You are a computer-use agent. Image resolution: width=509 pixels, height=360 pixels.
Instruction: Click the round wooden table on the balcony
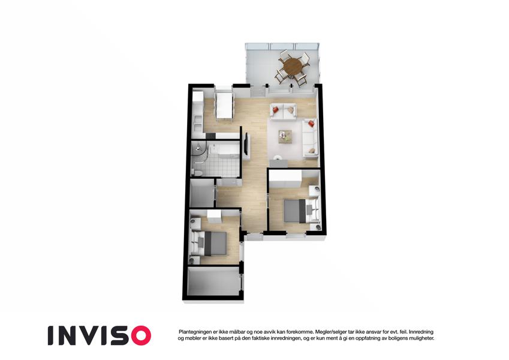click(x=293, y=66)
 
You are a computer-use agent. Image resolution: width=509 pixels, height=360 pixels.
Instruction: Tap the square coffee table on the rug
click(x=285, y=136)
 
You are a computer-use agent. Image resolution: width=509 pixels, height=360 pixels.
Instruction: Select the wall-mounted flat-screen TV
click(x=247, y=144)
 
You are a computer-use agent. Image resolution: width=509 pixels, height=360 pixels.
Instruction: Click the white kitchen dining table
click(x=224, y=106)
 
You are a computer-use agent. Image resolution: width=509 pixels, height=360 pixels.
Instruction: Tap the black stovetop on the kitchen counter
click(x=210, y=136)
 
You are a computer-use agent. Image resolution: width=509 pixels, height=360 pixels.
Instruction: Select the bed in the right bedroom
click(x=299, y=211)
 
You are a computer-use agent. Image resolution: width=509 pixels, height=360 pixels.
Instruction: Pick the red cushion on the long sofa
click(x=311, y=123)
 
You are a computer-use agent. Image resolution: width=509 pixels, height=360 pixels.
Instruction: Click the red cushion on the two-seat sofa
click(x=276, y=110)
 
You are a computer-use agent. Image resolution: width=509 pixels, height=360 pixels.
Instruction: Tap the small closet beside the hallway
click(x=202, y=193)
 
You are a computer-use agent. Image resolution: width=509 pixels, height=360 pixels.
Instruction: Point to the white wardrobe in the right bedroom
click(x=285, y=179)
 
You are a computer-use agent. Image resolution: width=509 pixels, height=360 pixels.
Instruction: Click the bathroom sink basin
click(x=214, y=149)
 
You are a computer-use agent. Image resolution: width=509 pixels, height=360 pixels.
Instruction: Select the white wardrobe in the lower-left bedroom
click(x=214, y=217)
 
